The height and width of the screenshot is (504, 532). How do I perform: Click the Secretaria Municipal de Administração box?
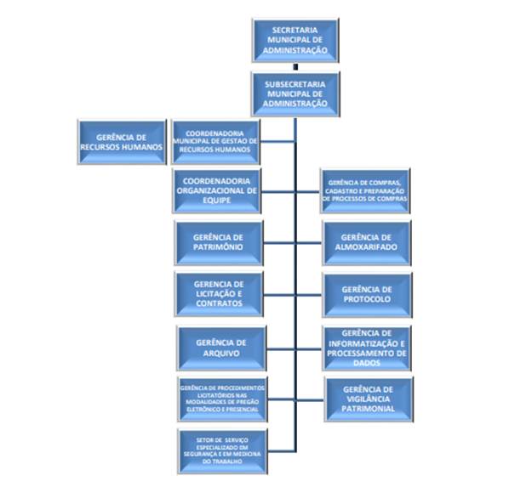[x=295, y=40]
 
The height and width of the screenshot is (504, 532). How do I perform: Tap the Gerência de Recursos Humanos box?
[x=120, y=141]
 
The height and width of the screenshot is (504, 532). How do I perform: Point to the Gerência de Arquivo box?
[x=218, y=347]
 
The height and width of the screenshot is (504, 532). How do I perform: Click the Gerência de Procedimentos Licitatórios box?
[x=222, y=398]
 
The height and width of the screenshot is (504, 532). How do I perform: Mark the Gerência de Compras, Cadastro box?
[x=365, y=191]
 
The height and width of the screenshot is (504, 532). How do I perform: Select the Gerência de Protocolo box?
[x=366, y=294]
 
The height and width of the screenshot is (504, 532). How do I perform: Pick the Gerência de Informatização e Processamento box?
[x=366, y=347]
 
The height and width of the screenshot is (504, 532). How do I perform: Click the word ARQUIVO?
[x=218, y=353]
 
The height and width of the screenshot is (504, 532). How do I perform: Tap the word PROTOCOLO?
[x=366, y=299]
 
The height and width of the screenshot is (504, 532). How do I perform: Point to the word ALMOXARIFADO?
[x=366, y=247]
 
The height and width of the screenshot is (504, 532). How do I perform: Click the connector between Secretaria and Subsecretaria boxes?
[x=295, y=65]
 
